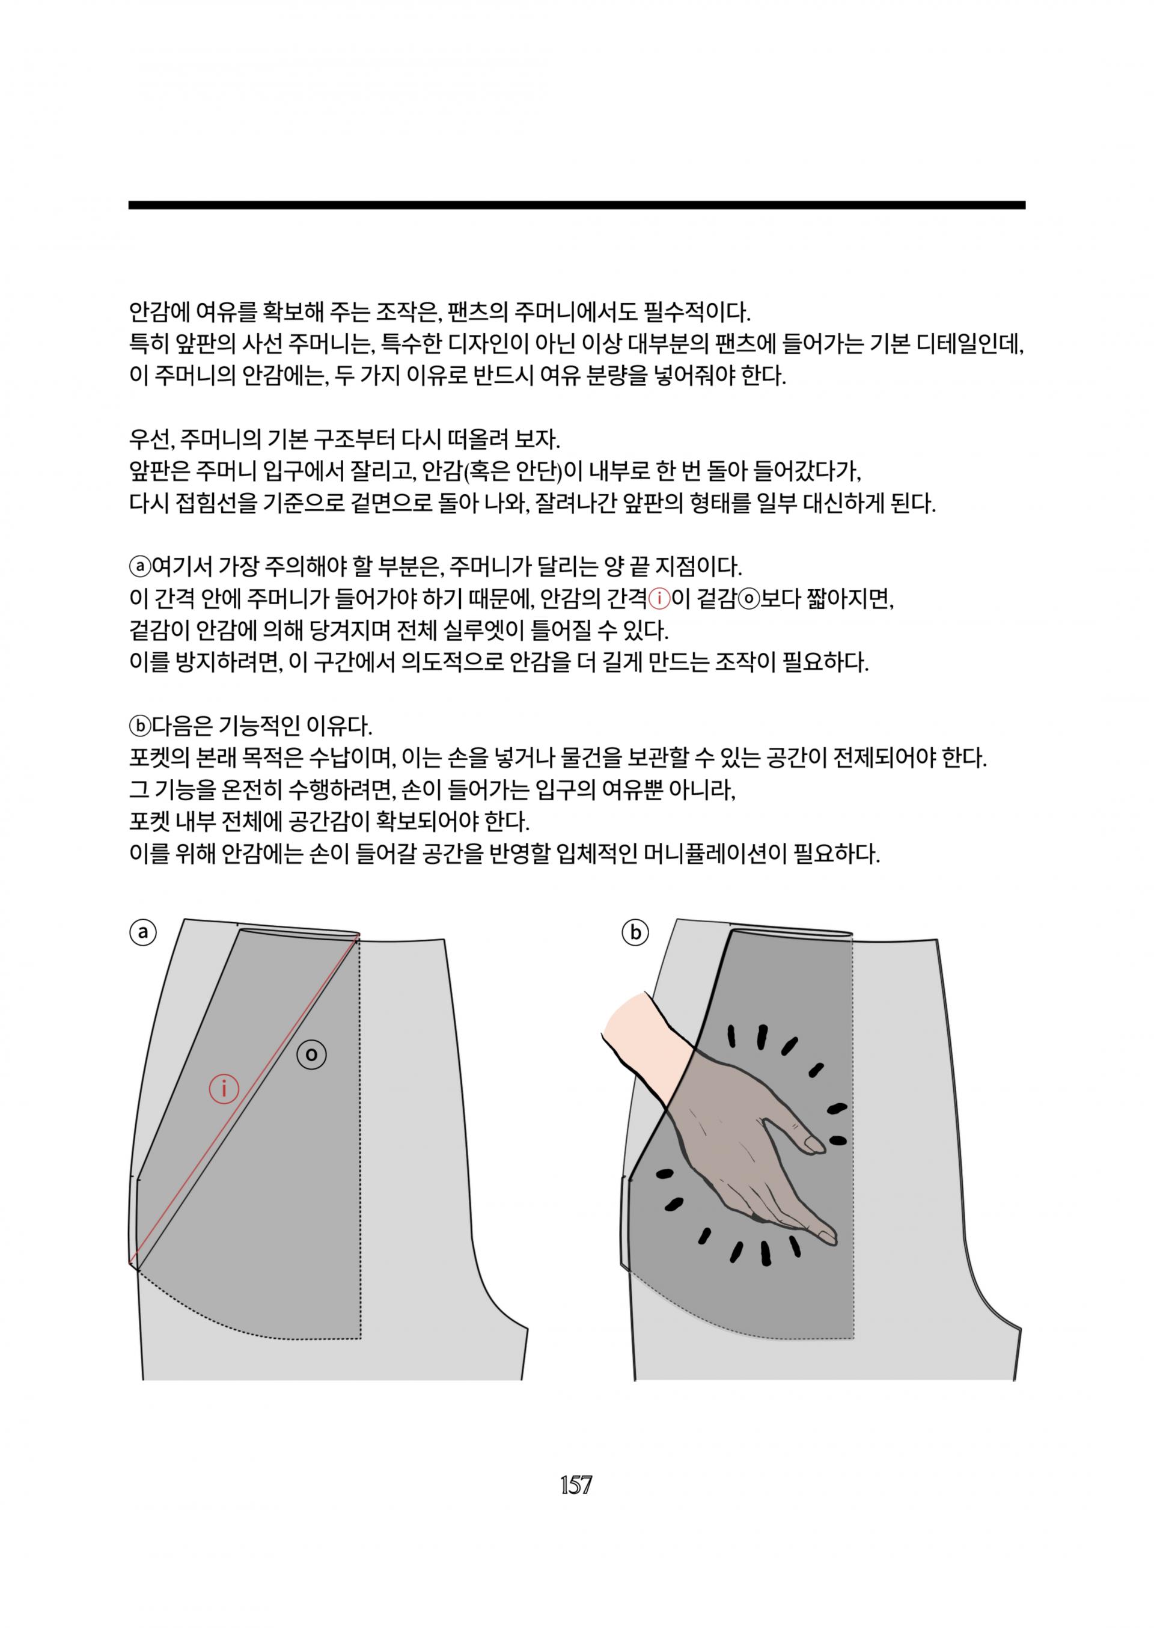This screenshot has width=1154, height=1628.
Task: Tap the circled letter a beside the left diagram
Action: click(143, 932)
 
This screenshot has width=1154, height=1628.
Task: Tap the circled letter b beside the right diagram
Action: click(635, 932)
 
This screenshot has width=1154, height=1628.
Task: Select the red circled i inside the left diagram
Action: click(224, 1088)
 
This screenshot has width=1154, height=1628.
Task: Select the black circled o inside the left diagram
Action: click(311, 1054)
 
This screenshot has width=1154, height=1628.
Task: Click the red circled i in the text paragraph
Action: click(659, 600)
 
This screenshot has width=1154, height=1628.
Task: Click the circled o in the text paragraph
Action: click(748, 600)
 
